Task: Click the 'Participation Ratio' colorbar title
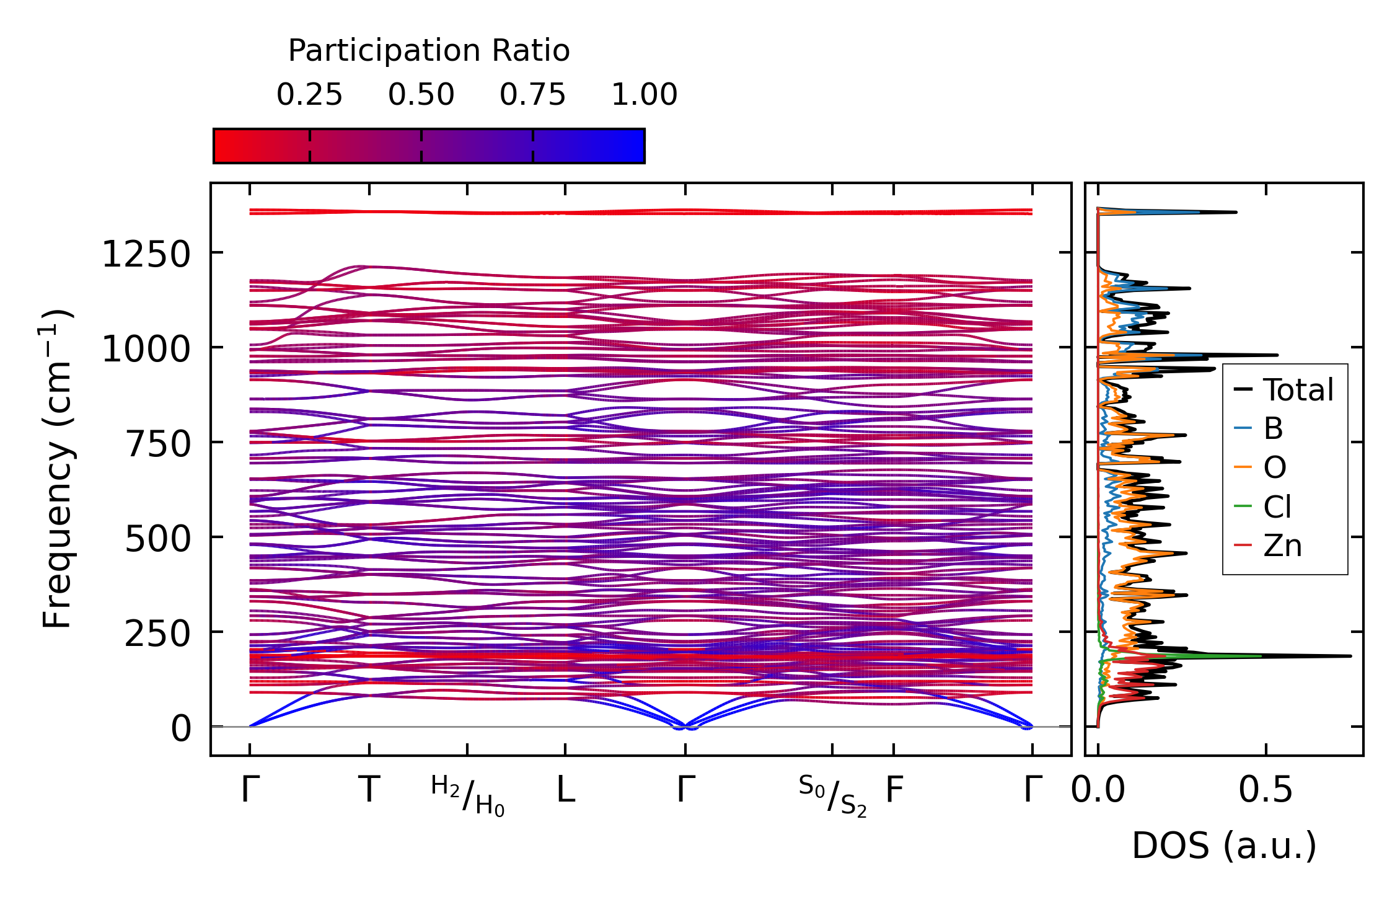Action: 429,51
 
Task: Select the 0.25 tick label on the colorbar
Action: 309,95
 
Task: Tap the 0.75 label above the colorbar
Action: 532,95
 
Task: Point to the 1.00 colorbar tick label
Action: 644,95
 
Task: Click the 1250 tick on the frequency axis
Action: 146,255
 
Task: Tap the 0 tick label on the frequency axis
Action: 181,728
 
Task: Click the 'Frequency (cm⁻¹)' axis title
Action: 57,469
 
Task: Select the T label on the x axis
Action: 369,790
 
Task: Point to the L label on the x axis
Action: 565,790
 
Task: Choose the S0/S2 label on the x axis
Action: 832,796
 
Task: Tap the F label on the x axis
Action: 894,790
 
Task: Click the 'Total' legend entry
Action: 1298,390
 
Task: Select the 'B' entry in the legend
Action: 1273,428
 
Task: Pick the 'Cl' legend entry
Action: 1277,507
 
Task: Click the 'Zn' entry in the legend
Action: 1282,546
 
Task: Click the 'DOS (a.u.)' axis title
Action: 1224,846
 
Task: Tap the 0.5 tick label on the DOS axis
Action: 1266,790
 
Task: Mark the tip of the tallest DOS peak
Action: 1350,656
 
